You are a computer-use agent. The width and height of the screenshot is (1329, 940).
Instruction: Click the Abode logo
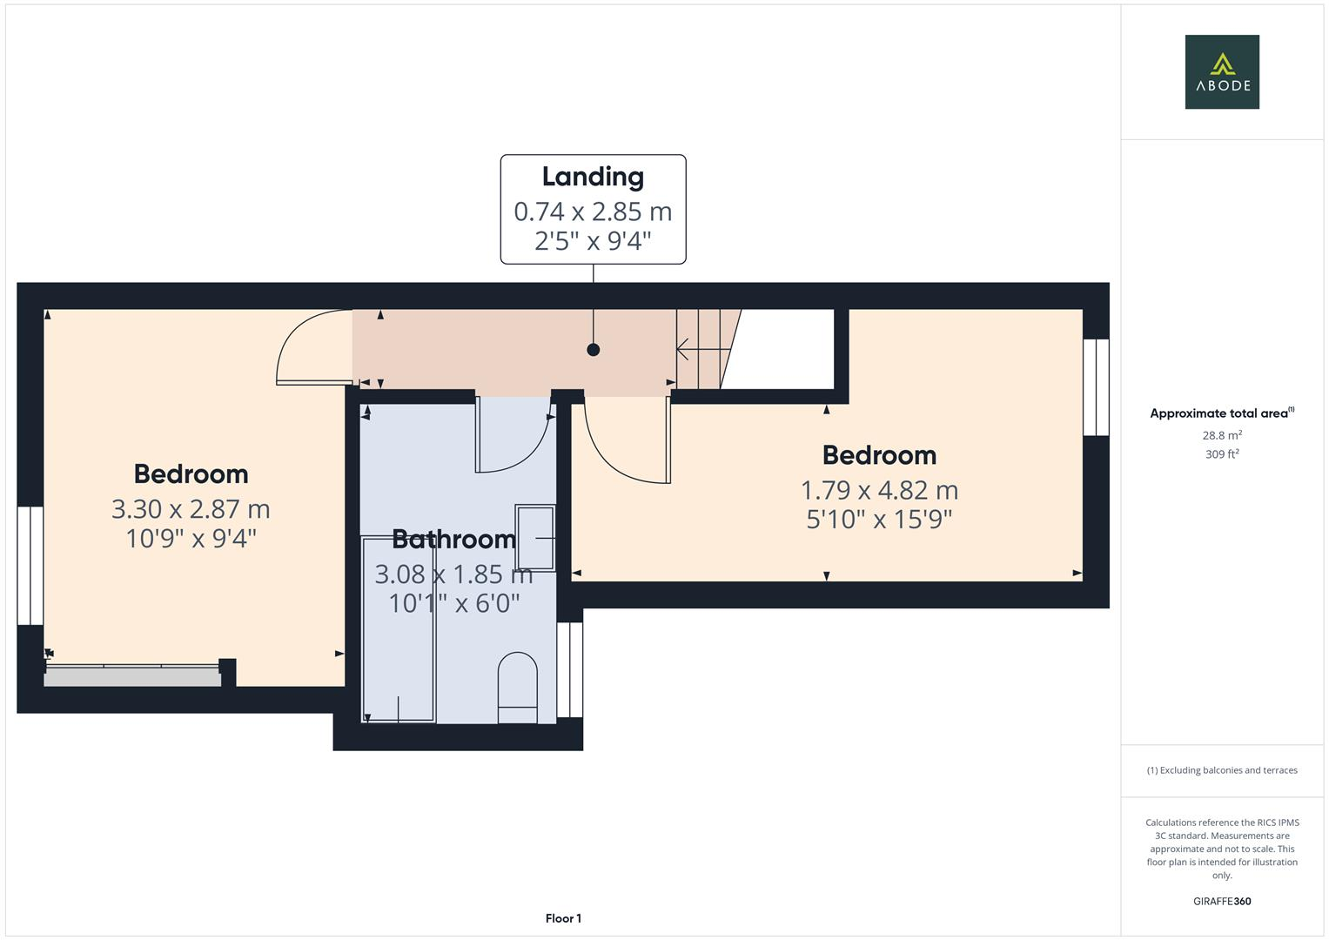(x=1222, y=71)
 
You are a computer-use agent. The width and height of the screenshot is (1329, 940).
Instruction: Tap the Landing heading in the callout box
(x=593, y=177)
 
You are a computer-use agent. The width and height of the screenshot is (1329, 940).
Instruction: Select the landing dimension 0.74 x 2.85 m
(x=593, y=211)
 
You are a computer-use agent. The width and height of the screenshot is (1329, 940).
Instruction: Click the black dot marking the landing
(x=594, y=350)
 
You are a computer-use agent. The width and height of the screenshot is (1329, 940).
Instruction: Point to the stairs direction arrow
(x=701, y=350)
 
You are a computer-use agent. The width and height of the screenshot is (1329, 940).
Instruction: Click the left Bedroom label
(x=191, y=474)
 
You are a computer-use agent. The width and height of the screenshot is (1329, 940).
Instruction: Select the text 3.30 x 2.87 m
(x=191, y=509)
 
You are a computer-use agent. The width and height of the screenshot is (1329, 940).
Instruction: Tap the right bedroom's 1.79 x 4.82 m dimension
(x=879, y=490)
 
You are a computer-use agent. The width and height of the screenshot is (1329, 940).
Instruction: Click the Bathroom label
(x=453, y=540)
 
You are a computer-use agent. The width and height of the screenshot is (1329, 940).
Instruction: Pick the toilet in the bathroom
(x=517, y=688)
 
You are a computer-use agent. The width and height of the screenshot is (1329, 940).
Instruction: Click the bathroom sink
(x=535, y=538)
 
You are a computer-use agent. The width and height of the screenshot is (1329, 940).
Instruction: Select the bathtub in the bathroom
(x=399, y=629)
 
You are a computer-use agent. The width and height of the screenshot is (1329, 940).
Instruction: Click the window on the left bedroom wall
(x=30, y=566)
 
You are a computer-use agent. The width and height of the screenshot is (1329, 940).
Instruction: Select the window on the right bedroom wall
(x=1096, y=387)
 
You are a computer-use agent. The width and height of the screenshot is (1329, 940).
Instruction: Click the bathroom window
(x=569, y=669)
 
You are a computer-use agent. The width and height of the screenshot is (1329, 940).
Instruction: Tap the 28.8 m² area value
(x=1222, y=435)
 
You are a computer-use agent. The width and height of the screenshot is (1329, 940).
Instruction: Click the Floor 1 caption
(x=563, y=918)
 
